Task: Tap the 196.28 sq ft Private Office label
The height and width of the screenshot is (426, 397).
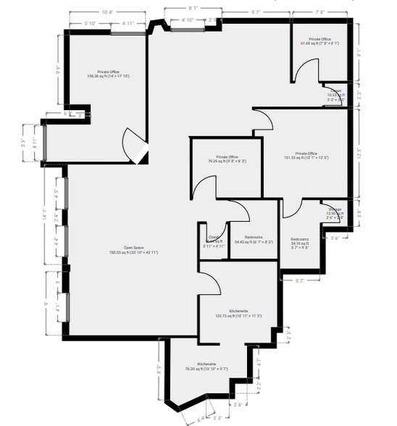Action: coord(108,74)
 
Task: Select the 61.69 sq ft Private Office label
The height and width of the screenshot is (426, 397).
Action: coord(319,41)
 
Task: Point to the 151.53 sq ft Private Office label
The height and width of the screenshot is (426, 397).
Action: coord(301,156)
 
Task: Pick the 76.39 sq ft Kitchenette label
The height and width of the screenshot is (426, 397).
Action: coord(206,366)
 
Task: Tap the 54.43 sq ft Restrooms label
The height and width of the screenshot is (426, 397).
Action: coord(254,239)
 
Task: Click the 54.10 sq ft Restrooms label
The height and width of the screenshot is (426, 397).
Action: coord(300,243)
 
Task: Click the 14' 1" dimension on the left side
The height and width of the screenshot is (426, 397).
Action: coord(44,215)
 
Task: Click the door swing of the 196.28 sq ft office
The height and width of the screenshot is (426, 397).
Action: coord(135,143)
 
